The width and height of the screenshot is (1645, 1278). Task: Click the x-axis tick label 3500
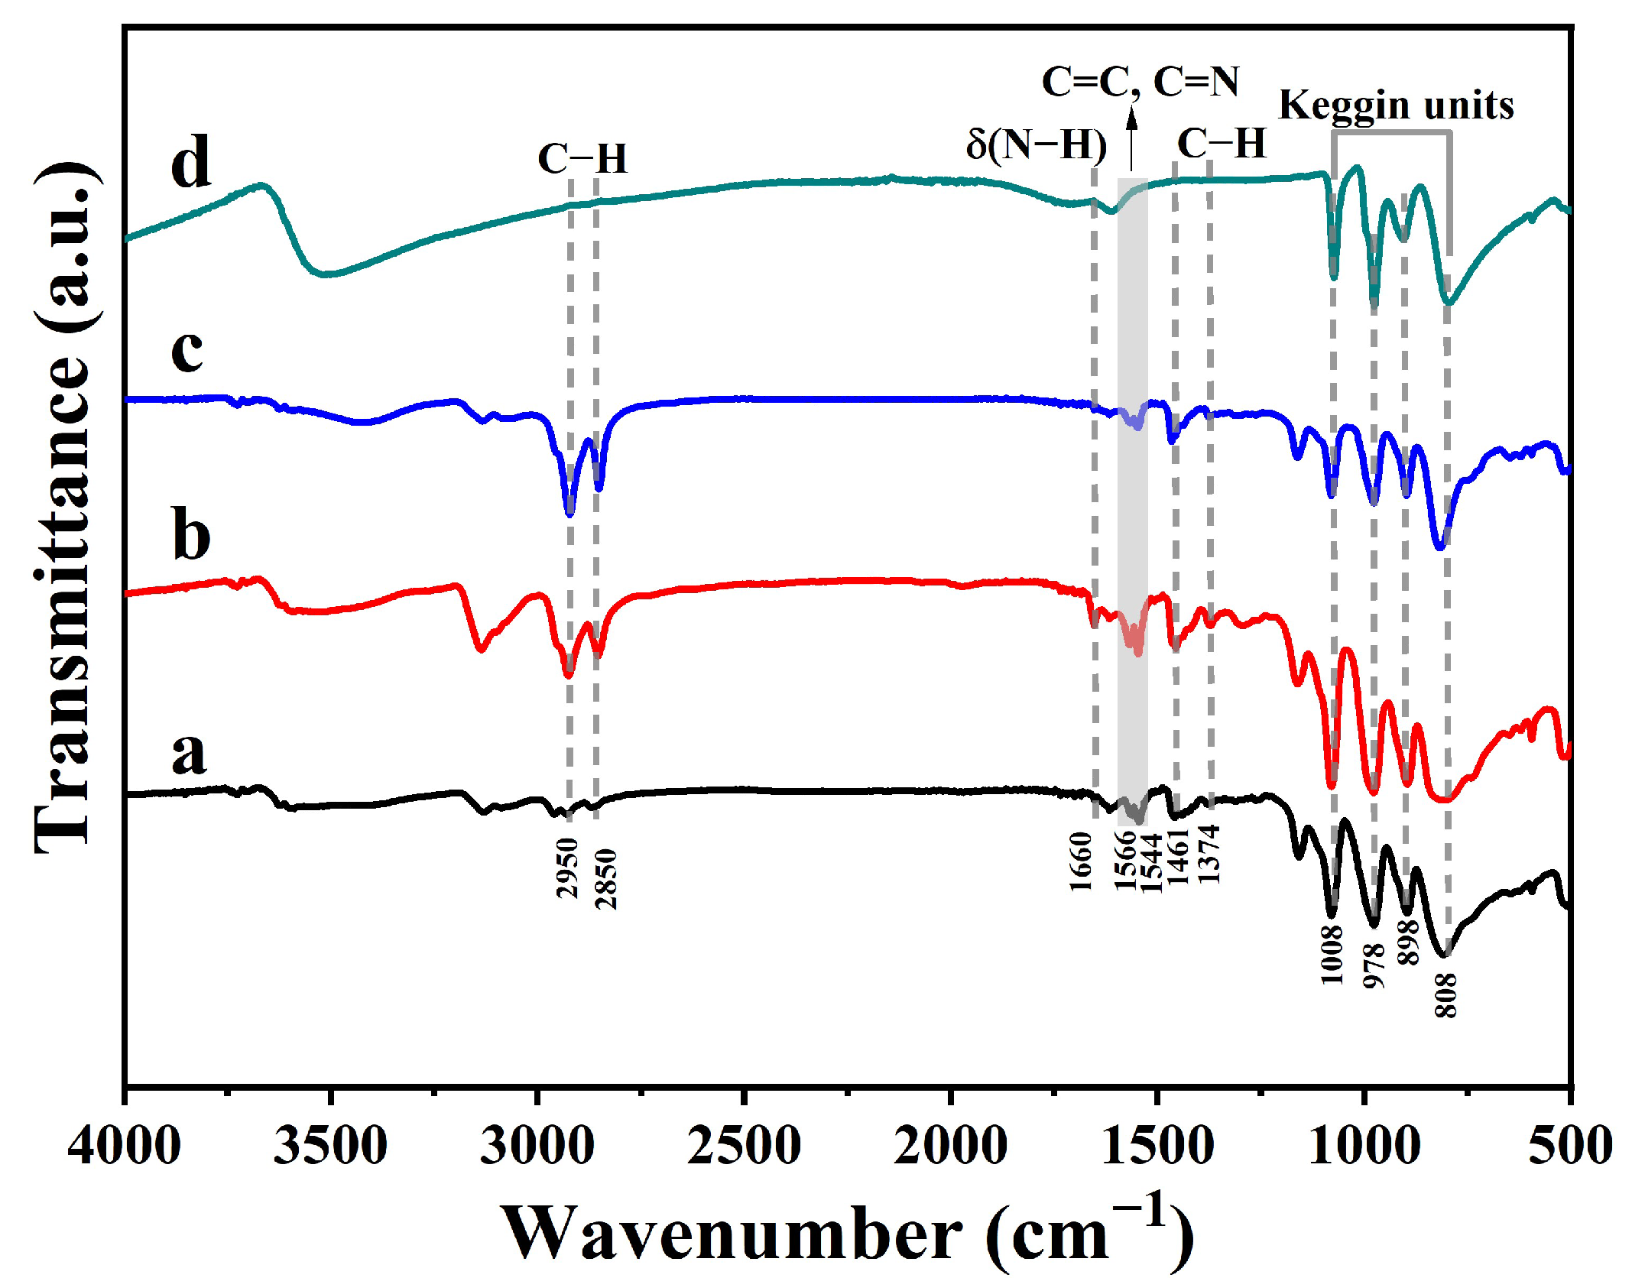point(330,1147)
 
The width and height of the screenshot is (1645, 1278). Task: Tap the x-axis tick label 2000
point(950,1147)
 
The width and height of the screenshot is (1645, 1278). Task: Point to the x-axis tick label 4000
point(124,1147)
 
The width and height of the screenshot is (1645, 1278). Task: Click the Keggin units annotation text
point(1396,105)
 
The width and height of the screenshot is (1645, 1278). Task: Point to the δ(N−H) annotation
point(1036,144)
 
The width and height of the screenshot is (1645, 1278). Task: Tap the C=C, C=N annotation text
point(1140,81)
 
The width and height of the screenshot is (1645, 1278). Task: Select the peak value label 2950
point(567,867)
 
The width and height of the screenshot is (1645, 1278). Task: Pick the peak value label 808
point(1445,994)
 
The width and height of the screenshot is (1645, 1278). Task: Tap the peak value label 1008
point(1332,954)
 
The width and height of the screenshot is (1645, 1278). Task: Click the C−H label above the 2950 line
point(582,159)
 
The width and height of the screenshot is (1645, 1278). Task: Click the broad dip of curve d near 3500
point(327,273)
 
